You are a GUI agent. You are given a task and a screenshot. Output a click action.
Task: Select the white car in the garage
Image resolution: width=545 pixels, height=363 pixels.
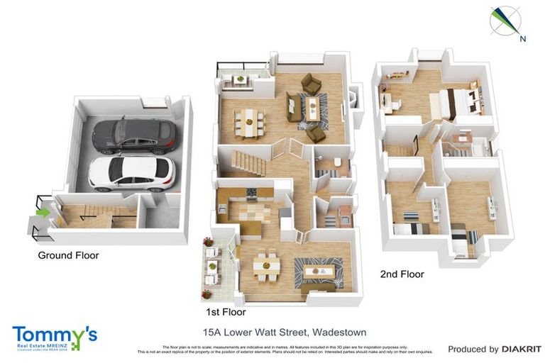(131, 173)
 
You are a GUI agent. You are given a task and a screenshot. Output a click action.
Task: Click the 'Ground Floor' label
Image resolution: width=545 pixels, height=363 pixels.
(68, 255)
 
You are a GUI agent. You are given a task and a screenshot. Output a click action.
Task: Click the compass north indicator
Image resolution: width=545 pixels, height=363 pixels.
(505, 21)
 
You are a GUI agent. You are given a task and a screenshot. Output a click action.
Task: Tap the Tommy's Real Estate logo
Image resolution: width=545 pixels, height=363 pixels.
(54, 338)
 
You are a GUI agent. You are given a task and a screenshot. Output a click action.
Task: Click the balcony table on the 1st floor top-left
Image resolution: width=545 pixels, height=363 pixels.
(241, 79)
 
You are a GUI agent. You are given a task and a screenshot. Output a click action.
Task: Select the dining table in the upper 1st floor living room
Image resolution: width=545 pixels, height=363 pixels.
(249, 120)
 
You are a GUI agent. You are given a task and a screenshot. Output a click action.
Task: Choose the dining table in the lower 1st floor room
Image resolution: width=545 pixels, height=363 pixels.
(266, 268)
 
